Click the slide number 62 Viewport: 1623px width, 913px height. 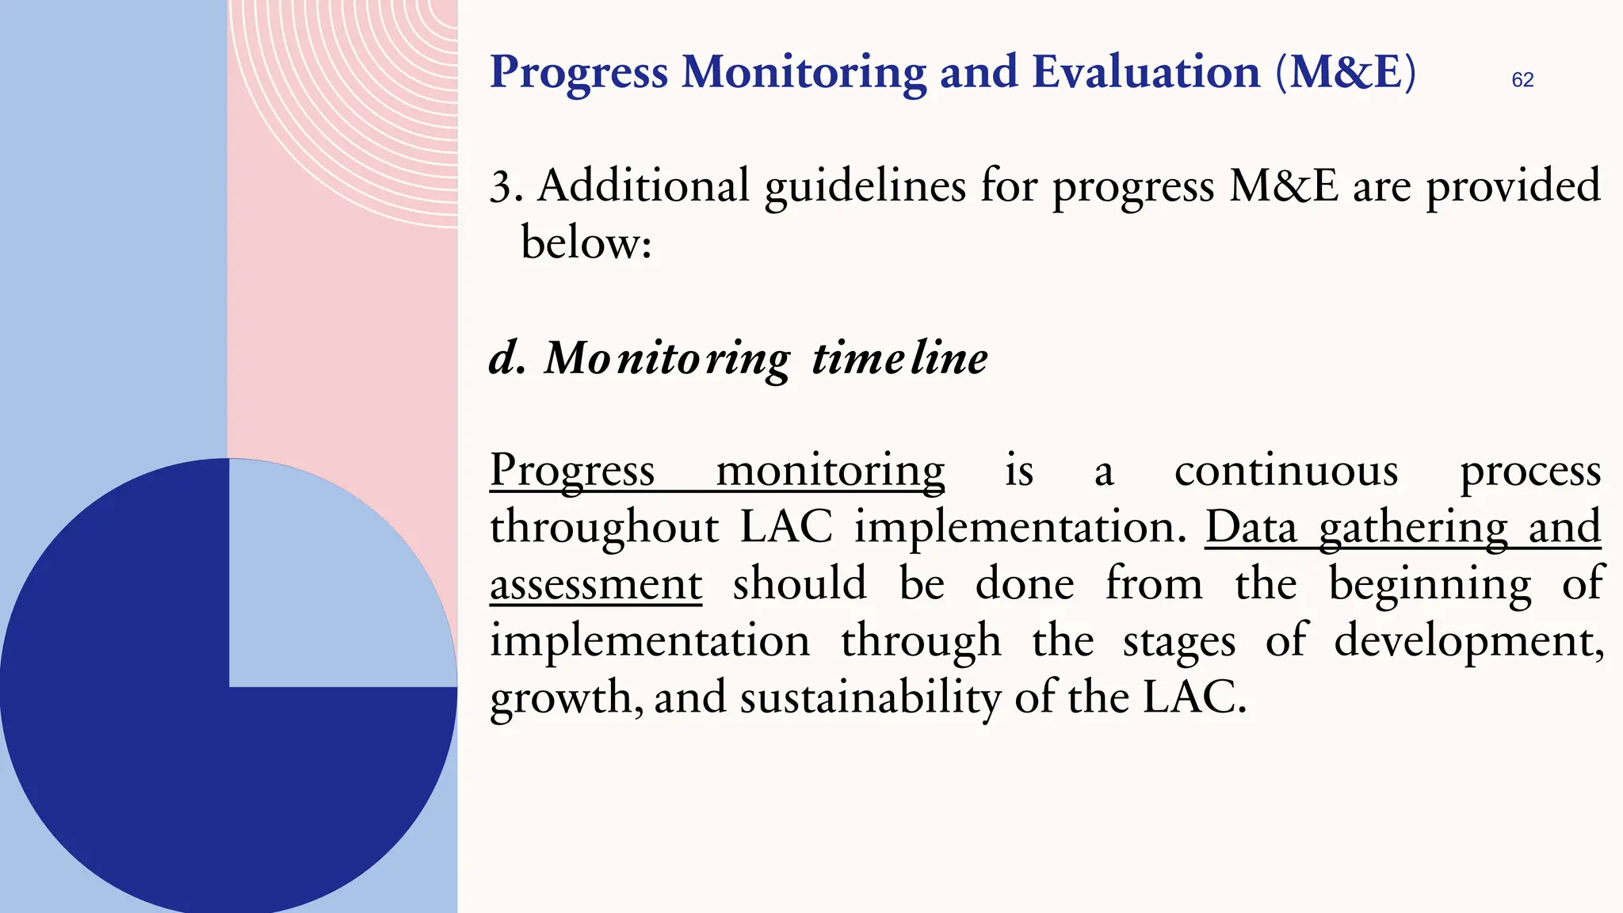1522,80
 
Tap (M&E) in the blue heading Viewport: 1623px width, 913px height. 1345,72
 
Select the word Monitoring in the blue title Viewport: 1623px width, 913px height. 804,72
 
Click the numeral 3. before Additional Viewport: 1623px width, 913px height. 505,188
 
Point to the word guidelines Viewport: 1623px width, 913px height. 865,188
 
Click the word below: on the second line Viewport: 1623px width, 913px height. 586,243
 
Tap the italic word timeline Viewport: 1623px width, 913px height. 899,357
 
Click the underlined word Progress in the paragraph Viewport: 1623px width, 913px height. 572,471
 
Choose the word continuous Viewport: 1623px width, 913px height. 1285,471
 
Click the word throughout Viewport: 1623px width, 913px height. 604,528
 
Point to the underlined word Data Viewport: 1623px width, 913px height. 1251,528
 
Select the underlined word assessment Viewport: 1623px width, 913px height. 596,585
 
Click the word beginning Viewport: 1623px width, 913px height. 1430,585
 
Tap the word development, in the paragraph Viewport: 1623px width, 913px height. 1468,641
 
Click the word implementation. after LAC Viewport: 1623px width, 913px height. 1020,528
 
